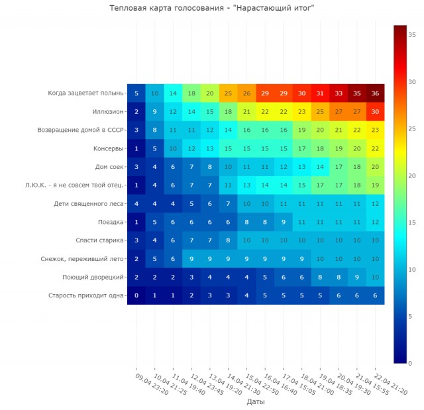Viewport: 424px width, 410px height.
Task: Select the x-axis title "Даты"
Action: pos(256,401)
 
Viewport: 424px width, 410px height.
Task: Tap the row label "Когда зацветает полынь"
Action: pos(85,93)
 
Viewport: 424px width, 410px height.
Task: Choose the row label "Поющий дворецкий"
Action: pos(93,277)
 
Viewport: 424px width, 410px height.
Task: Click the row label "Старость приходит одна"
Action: pos(86,295)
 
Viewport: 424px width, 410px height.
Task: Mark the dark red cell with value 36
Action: pos(375,93)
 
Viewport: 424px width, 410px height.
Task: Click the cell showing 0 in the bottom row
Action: pos(136,295)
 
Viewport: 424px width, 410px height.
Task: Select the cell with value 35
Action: pos(356,93)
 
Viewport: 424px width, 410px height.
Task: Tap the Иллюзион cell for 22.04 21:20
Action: pos(375,112)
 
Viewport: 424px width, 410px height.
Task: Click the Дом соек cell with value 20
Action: pos(375,167)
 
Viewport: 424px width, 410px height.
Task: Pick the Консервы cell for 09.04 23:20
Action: pos(136,148)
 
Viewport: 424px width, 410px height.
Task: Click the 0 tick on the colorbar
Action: pos(411,363)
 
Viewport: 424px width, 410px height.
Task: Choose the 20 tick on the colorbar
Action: pos(411,176)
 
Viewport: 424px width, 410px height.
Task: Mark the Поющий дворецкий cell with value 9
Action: pos(356,277)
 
